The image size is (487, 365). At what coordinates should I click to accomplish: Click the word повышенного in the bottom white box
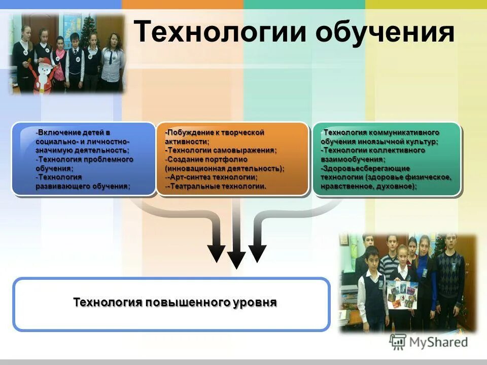[x=189, y=303]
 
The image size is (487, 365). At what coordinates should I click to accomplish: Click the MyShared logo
[x=429, y=342]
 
